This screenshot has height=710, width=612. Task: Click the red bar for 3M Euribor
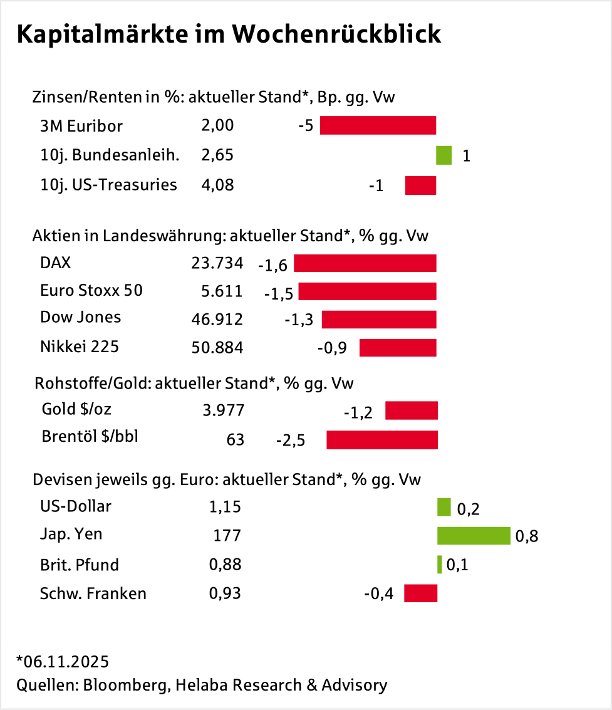pyautogui.click(x=378, y=125)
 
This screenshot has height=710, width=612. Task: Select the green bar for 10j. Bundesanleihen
pyautogui.click(x=443, y=155)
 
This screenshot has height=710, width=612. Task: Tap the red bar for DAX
pyautogui.click(x=365, y=263)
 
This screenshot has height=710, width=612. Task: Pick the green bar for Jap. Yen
pyautogui.click(x=474, y=536)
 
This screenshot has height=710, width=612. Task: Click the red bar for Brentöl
pyautogui.click(x=382, y=440)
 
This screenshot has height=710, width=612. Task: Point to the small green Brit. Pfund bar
pyautogui.click(x=440, y=565)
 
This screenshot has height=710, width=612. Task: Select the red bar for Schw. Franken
pyautogui.click(x=420, y=593)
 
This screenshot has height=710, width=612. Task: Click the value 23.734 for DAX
pyautogui.click(x=217, y=263)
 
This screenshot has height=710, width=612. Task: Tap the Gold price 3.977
pyautogui.click(x=223, y=410)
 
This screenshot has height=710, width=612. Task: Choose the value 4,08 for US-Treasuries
pyautogui.click(x=217, y=185)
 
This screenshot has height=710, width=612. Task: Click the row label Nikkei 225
pyautogui.click(x=79, y=346)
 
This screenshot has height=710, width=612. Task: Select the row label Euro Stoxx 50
pyautogui.click(x=91, y=291)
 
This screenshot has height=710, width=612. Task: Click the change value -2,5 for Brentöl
pyautogui.click(x=291, y=441)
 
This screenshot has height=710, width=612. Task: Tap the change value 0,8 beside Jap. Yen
pyautogui.click(x=526, y=536)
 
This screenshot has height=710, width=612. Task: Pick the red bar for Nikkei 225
pyautogui.click(x=398, y=347)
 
